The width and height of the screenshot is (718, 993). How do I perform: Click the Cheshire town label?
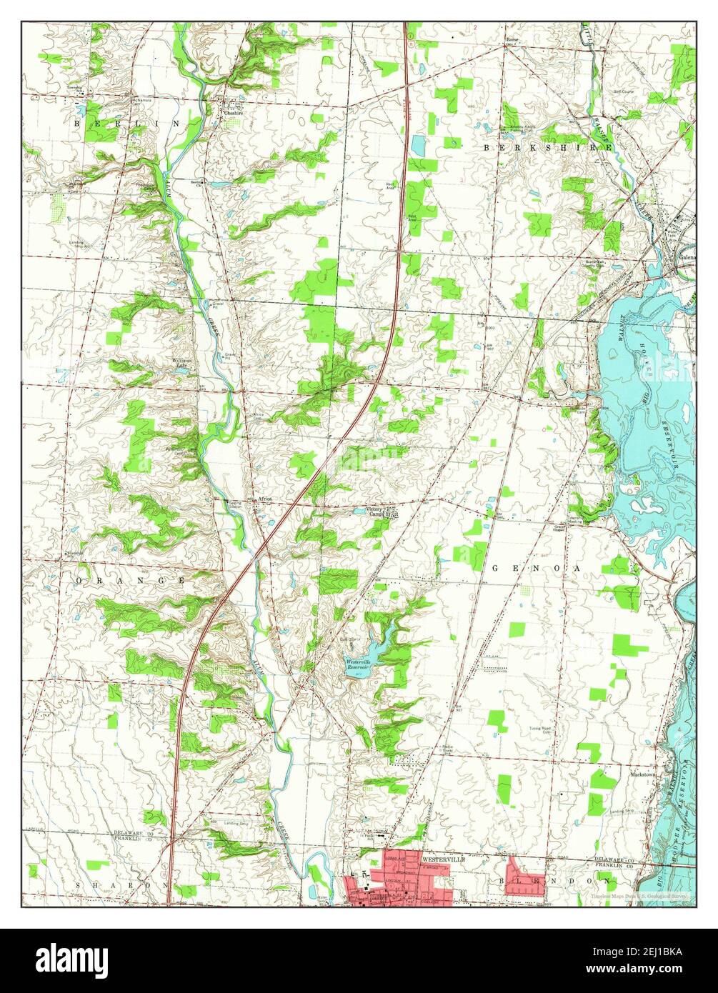(234, 112)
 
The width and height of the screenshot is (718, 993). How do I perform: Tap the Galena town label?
(687, 258)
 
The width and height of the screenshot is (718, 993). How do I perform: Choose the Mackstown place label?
(624, 773)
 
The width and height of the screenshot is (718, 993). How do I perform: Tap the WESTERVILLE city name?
(443, 859)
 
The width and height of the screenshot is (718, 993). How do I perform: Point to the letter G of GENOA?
(496, 567)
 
